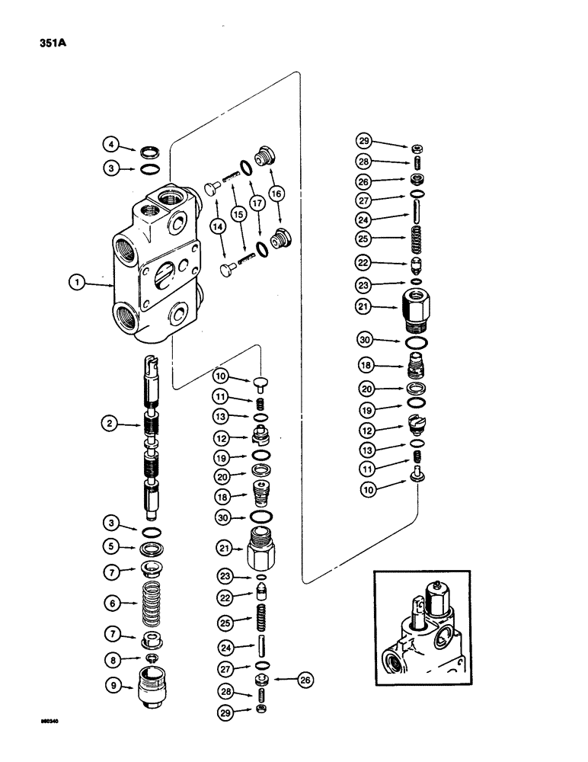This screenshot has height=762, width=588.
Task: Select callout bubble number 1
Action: pyautogui.click(x=77, y=283)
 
